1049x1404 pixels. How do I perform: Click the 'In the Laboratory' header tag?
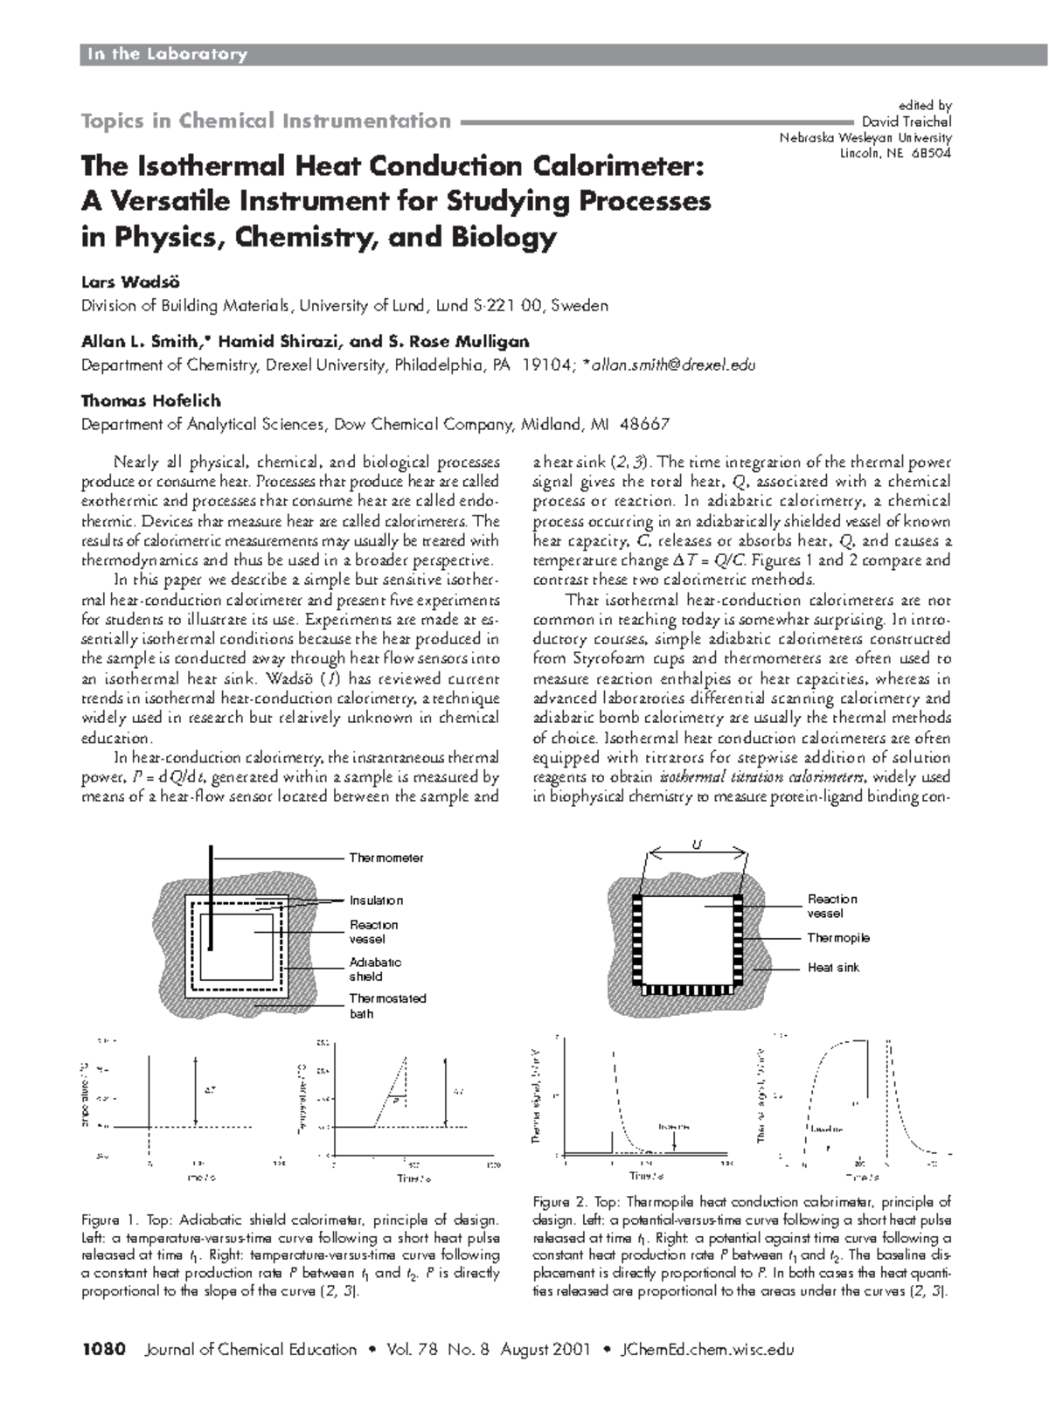point(165,54)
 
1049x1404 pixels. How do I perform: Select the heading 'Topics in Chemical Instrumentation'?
point(266,121)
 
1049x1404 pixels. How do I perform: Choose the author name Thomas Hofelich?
point(150,400)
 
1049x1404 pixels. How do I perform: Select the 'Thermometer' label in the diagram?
point(386,858)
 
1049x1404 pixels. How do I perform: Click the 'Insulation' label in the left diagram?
point(376,900)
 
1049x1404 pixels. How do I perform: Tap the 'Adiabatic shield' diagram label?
point(375,969)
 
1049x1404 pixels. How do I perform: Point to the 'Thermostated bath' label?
point(387,1005)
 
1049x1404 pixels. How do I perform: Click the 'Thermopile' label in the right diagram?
point(838,938)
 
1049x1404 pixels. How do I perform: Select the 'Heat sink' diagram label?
point(833,968)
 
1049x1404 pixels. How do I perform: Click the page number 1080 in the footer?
point(105,1349)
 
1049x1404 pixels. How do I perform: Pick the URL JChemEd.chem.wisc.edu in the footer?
point(705,1349)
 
